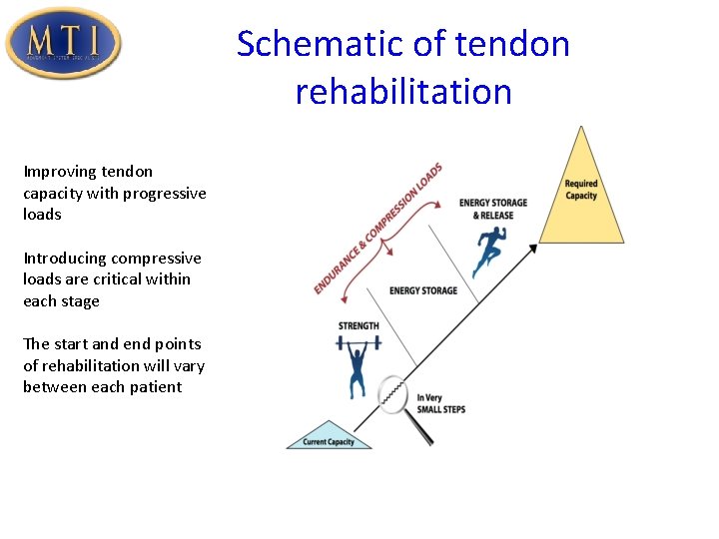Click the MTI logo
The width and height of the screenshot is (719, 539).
pos(63,43)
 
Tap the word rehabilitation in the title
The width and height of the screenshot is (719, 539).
pos(403,92)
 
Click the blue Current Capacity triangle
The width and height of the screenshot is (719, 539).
pos(330,438)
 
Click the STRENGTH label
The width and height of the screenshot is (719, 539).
pos(359,326)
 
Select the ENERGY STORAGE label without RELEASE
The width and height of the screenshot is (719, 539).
pos(423,290)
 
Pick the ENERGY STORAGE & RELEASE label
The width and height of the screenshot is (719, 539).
pos(493,209)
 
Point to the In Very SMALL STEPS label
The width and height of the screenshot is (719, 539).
pos(440,403)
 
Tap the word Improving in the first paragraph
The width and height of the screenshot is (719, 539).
pos(58,172)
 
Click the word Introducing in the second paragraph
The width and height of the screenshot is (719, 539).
pos(68,259)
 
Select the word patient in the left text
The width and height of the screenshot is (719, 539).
pos(154,387)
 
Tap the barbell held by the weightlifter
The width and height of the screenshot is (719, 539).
pos(358,344)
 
